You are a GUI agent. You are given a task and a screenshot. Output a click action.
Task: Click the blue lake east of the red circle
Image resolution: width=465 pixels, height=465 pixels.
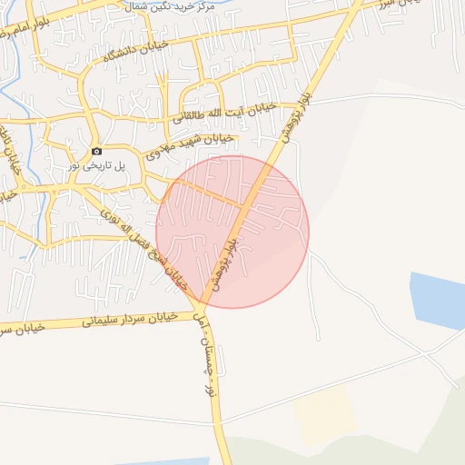[438, 300]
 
